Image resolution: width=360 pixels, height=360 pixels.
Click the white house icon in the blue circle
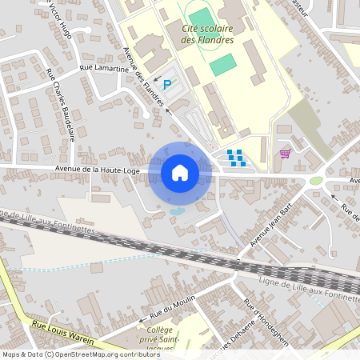click(180, 173)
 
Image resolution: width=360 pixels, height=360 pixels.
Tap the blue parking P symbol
click(167, 84)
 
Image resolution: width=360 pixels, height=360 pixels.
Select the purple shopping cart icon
click(284, 153)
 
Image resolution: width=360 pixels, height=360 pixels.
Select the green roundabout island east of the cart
click(317, 181)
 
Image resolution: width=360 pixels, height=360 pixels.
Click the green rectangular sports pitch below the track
click(223, 64)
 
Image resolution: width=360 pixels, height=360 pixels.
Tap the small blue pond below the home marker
click(176, 211)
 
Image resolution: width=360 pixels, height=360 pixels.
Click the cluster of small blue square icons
click(235, 157)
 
